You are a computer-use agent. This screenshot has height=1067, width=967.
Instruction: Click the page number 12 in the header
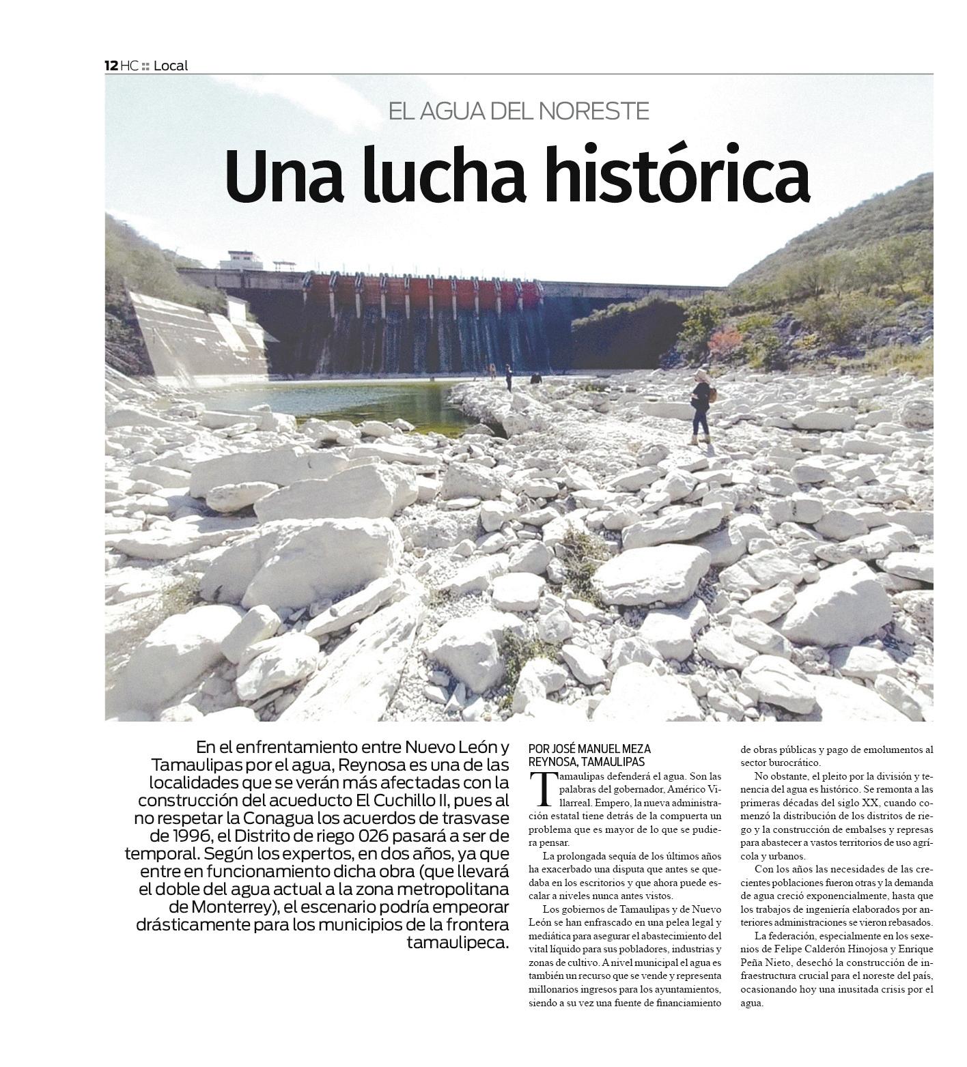(x=111, y=66)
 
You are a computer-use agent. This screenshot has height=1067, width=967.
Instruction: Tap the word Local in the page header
(x=170, y=66)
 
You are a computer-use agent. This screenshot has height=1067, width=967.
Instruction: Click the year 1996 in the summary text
(x=179, y=836)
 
